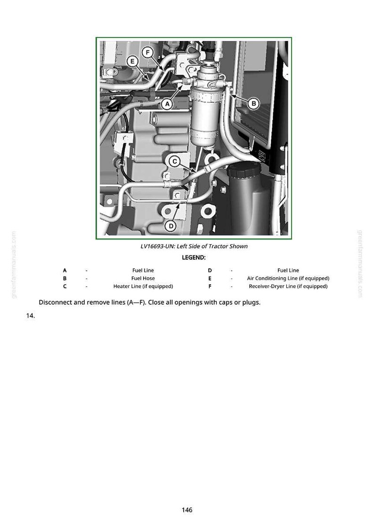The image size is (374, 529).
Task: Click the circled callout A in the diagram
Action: coord(168,104)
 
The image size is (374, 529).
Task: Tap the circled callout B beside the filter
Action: coord(254,103)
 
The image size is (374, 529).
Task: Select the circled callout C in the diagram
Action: coord(175,161)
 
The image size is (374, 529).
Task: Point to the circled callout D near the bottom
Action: coord(171,226)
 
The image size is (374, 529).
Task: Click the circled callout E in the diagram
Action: coord(132,61)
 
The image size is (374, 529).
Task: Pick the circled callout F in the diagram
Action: coord(147,52)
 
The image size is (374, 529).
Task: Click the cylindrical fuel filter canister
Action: coord(203,111)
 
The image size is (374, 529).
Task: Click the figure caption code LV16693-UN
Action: coord(156,246)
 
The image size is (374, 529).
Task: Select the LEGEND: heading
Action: coord(194,258)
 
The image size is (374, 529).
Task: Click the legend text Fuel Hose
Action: coord(143,278)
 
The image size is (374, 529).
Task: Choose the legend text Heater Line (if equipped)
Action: coord(143,287)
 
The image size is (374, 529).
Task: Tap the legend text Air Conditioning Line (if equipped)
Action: coord(288,278)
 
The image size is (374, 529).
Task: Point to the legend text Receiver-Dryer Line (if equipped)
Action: coord(288,287)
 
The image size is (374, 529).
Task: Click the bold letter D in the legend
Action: coord(210,270)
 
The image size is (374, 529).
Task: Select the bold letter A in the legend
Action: coord(65,270)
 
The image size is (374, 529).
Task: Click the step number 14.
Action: coord(31,316)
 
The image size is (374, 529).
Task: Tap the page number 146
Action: coord(187,510)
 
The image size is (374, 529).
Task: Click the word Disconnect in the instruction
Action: coord(55,302)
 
